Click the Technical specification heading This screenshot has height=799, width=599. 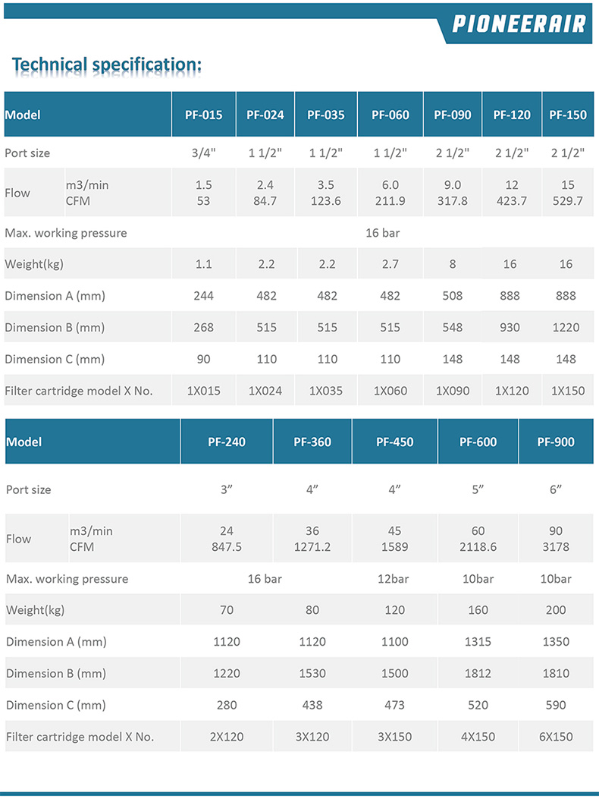pos(107,64)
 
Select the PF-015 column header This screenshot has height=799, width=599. pos(203,115)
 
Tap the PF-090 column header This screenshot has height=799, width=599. pos(453,115)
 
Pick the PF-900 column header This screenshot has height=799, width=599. pos(556,442)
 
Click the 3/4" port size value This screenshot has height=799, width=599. pos(203,153)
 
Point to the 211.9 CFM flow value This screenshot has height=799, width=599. pos(390,201)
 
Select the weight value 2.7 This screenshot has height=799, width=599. pos(390,265)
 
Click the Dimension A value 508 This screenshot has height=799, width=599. pos(453,296)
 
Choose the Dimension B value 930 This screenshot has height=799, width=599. pos(510,328)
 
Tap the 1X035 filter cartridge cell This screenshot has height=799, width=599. pos(325,392)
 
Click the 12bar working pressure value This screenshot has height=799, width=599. pos(394,579)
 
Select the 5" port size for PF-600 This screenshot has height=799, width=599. pos(478,490)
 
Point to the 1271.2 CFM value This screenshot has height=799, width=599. pos(312,546)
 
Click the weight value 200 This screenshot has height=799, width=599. pos(556,610)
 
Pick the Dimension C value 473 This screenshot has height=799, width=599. pos(394,705)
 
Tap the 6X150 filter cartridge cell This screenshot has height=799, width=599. pos(556,737)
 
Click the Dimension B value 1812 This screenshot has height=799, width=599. pos(478,673)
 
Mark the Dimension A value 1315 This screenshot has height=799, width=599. pos(478,642)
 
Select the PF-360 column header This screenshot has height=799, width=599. pos(312,442)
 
